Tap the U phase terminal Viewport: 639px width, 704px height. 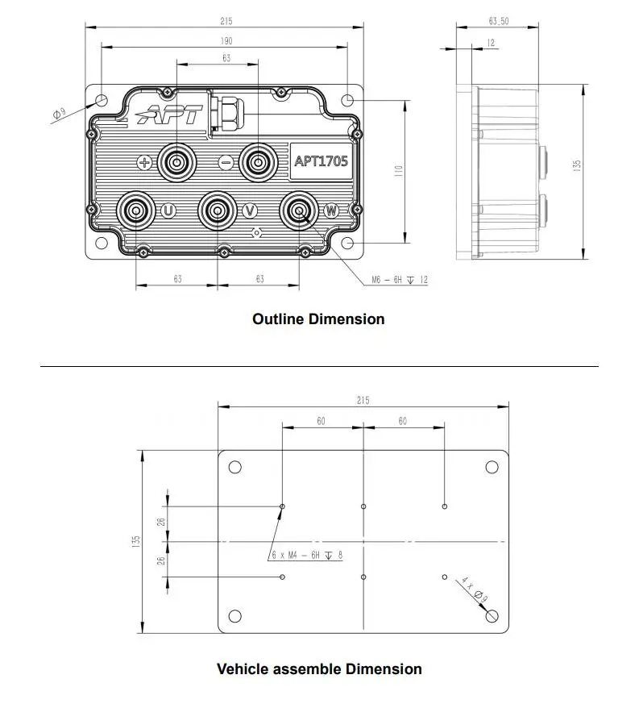(134, 211)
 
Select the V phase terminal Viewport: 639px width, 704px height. (216, 211)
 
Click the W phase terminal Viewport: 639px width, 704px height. (297, 211)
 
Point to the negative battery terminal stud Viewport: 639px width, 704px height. (257, 163)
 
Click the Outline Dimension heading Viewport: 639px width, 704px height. (318, 319)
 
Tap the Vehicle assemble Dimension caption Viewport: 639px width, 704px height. (319, 669)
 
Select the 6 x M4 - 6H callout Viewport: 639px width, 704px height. (305, 555)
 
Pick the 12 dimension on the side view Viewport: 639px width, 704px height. (491, 43)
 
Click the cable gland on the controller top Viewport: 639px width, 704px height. (226, 110)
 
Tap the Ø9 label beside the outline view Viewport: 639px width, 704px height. (60, 114)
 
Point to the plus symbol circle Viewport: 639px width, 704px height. (145, 163)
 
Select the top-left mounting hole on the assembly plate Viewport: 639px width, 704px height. (235, 467)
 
